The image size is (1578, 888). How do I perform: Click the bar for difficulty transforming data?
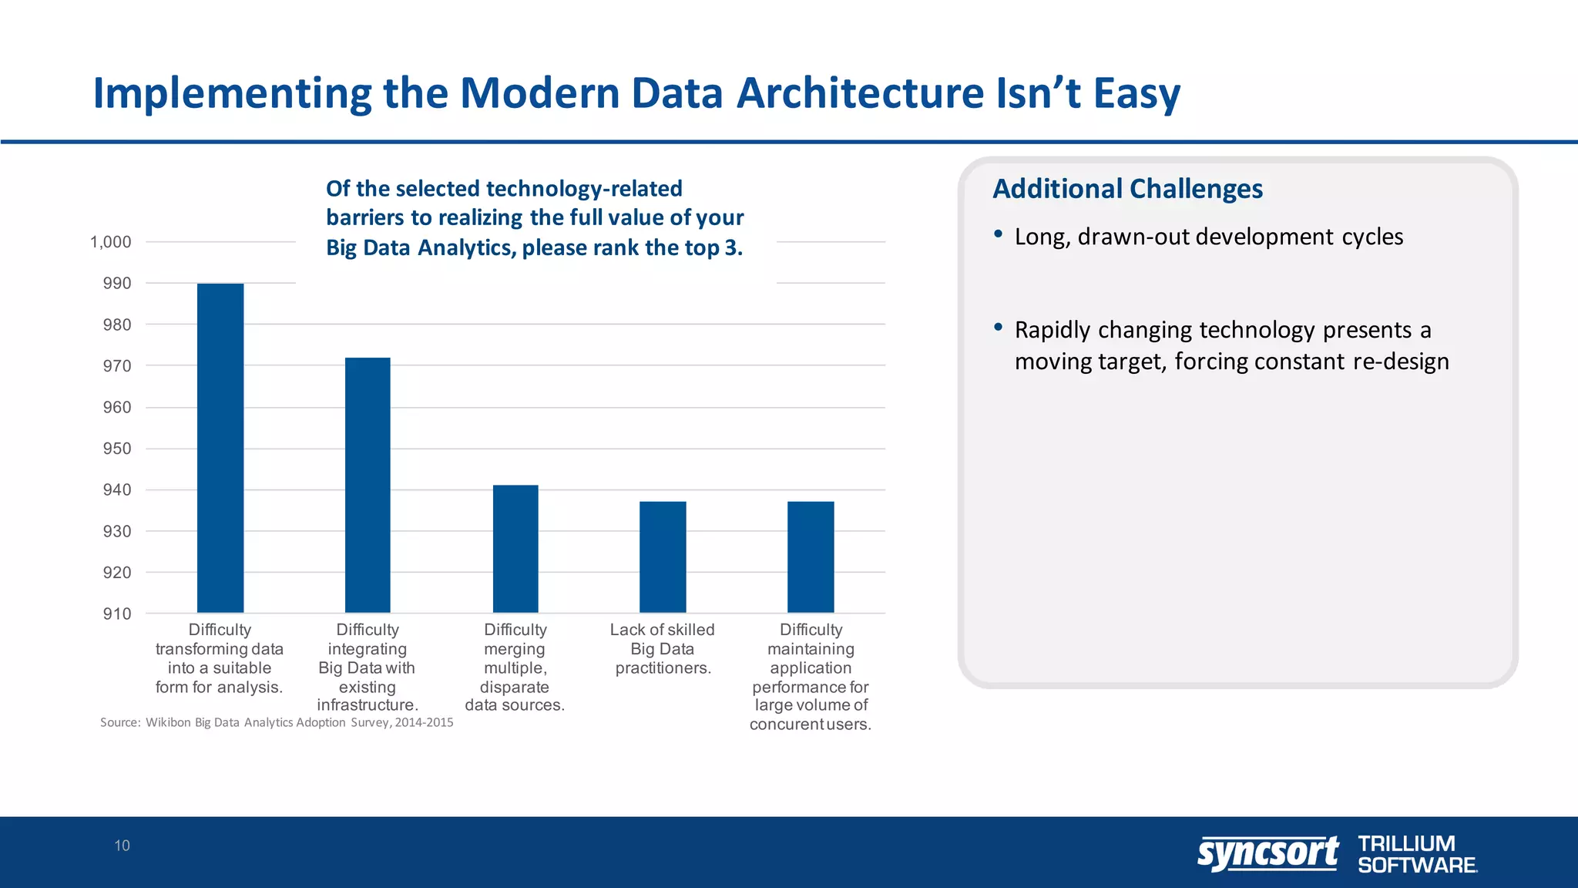[x=220, y=448]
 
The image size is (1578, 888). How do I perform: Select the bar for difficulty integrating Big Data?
[x=368, y=485]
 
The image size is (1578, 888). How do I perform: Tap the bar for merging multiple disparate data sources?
[x=515, y=549]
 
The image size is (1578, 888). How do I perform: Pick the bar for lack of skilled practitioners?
[x=663, y=557]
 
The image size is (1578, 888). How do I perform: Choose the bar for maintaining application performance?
[x=811, y=557]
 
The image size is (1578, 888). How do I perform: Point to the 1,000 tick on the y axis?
[x=111, y=242]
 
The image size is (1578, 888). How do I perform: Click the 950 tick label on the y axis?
[x=117, y=449]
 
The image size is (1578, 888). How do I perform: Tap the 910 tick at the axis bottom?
[x=117, y=614]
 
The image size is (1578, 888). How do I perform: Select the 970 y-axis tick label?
[x=117, y=366]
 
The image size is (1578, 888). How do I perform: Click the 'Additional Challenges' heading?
[x=1127, y=189]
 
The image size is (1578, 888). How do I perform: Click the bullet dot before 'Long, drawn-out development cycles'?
[x=998, y=234]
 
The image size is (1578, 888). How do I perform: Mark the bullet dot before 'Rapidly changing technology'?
[x=998, y=327]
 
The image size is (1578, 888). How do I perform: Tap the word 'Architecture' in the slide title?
[x=860, y=93]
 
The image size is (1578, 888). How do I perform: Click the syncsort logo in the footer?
[x=1267, y=853]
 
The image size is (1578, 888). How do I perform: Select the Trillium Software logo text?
[x=1416, y=854]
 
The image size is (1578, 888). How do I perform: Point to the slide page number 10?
[x=122, y=846]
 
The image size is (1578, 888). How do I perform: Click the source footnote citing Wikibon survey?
[x=277, y=722]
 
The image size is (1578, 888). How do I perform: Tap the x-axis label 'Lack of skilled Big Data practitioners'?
[x=663, y=649]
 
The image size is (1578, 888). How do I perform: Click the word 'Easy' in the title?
[x=1136, y=93]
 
